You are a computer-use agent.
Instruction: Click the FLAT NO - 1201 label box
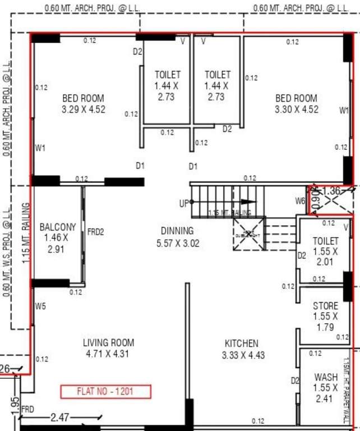click(x=105, y=391)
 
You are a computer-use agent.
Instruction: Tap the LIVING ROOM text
click(x=108, y=343)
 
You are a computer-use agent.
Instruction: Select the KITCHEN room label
click(x=242, y=343)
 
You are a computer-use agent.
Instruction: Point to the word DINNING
click(x=177, y=231)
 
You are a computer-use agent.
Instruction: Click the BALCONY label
click(x=58, y=227)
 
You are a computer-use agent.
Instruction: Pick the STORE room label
click(x=325, y=306)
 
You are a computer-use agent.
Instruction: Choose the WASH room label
click(x=326, y=377)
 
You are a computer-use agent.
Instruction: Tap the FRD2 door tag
click(x=95, y=231)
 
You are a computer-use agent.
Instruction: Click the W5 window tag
click(x=40, y=306)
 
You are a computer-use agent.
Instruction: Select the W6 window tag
click(x=301, y=201)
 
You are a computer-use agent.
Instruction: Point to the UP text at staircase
click(x=183, y=204)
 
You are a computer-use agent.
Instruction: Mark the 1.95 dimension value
click(x=15, y=403)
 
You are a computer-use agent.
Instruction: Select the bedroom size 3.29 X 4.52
click(x=84, y=109)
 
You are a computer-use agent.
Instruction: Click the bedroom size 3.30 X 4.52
click(x=297, y=109)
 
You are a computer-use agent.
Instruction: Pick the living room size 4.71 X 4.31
click(x=108, y=354)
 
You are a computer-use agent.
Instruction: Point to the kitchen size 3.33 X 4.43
click(x=243, y=355)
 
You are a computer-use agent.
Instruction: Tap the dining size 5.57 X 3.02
click(x=177, y=243)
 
